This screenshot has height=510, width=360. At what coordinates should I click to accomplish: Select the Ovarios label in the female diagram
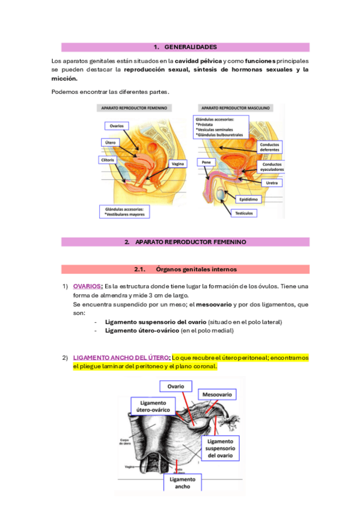tap(117, 126)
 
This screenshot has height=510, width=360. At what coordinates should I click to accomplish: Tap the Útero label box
tap(110, 143)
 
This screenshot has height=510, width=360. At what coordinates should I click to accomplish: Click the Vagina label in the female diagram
tap(177, 164)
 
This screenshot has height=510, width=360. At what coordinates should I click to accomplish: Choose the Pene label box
tap(206, 162)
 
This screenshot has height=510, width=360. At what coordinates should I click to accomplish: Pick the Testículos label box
tap(245, 213)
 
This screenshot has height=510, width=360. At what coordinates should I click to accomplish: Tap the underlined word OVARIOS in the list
tap(87, 286)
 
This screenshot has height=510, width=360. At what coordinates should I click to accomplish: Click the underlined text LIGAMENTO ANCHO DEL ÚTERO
tap(121, 358)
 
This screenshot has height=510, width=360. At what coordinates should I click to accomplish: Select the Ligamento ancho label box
tap(182, 483)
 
